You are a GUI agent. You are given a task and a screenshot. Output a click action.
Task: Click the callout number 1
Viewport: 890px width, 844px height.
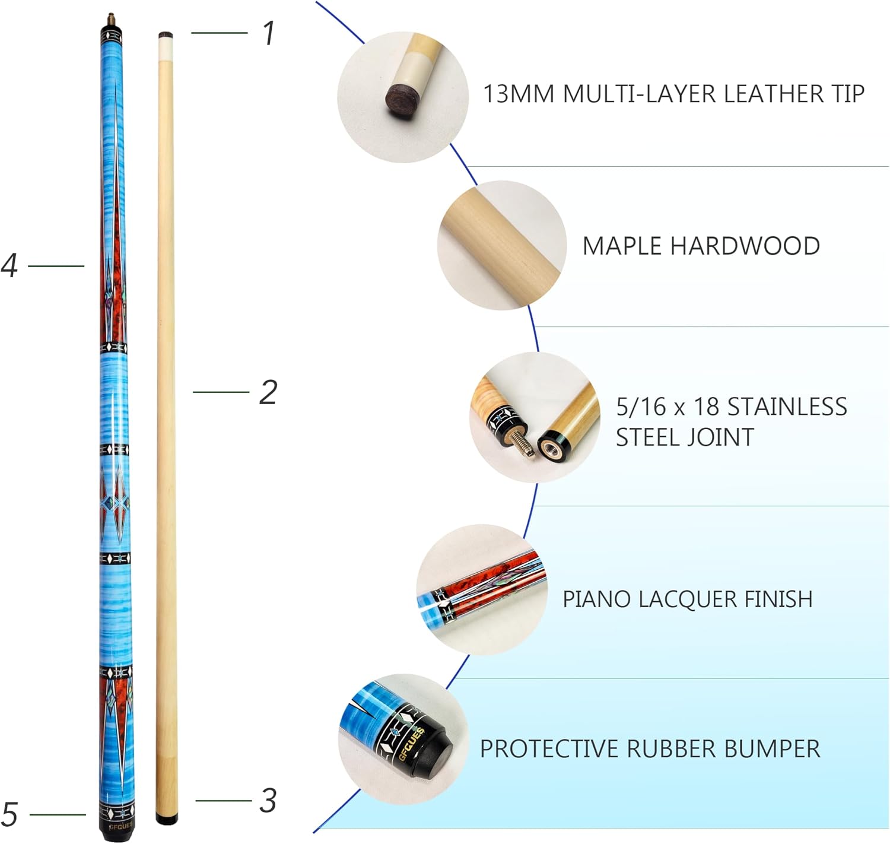point(269,33)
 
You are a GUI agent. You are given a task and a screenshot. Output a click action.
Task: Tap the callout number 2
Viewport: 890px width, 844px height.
point(268,392)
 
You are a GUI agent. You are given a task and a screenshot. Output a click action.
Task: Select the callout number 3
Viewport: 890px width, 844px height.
point(268,801)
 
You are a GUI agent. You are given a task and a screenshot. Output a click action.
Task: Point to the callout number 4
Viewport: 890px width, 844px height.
point(9,265)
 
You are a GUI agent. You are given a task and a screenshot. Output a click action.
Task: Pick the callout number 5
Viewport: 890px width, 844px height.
point(9,814)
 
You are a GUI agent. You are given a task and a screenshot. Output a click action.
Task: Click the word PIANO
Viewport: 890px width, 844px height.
point(597,599)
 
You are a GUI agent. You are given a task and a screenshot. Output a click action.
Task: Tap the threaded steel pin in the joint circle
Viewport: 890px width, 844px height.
point(522,441)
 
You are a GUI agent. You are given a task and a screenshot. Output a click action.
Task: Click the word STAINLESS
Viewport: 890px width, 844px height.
point(787,407)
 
